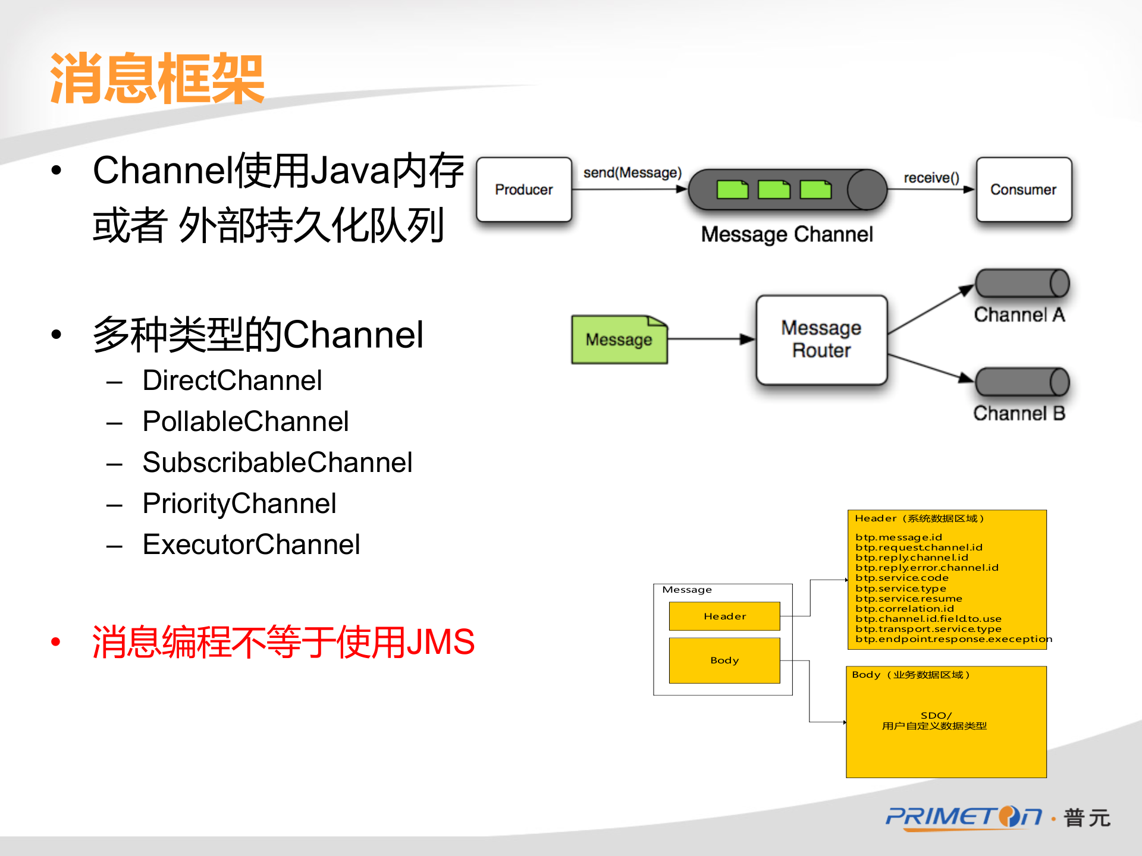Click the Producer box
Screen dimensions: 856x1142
524,190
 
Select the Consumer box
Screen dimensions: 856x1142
1023,190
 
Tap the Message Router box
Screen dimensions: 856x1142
821,339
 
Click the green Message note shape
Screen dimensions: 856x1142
619,339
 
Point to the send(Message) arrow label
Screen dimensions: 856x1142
632,173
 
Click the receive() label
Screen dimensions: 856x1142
931,178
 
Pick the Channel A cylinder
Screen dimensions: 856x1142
1022,284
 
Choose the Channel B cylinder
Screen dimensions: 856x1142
1022,382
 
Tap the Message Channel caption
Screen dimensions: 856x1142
787,234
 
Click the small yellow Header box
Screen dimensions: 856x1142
724,616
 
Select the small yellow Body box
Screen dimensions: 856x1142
724,660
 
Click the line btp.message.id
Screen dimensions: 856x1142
899,537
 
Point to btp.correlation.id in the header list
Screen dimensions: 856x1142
905,609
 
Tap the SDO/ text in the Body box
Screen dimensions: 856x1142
936,715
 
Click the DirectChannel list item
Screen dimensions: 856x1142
232,380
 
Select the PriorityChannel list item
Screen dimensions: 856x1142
239,503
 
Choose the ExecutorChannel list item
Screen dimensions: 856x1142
251,545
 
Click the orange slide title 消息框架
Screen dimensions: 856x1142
158,79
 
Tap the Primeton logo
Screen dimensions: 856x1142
964,817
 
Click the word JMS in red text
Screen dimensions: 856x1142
440,642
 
